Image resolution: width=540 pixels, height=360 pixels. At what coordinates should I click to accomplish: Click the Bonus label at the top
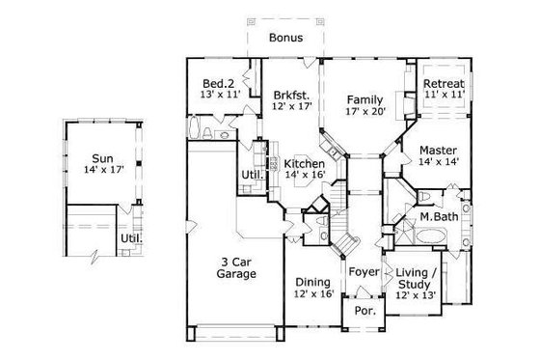coord(286,38)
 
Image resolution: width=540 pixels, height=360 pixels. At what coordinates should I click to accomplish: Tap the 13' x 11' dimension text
coord(220,97)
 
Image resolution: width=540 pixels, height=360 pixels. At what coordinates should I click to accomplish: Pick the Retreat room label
coord(445,84)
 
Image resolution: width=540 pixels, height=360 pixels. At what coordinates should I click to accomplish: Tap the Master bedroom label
coord(438,151)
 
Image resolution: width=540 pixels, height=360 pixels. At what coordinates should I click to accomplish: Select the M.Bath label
coord(438,217)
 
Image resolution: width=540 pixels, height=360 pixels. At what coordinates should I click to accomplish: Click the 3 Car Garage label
coord(236,267)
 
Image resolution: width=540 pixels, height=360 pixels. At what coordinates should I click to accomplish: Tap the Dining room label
coord(312,283)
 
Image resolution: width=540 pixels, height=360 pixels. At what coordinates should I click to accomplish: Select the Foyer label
coord(364,271)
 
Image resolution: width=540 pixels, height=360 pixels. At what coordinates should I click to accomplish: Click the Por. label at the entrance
coord(364,312)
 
